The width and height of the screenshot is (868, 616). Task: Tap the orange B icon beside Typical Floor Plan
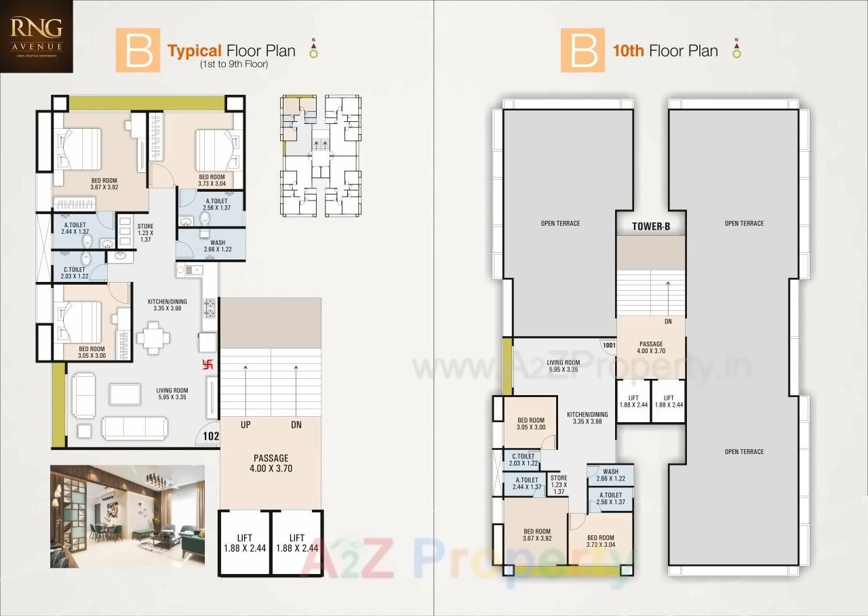coord(138,50)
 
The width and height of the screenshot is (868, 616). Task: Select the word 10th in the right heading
coord(628,51)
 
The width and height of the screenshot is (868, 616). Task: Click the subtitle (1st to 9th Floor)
coord(234,65)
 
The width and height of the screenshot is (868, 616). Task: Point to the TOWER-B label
coord(650,227)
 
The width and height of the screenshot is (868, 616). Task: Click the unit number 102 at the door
coord(210,437)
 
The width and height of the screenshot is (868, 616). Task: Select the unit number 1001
coord(608,345)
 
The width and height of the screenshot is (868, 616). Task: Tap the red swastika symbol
coord(208,365)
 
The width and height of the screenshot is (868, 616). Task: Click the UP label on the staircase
coord(245,425)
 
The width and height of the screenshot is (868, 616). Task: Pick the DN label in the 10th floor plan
coord(668,322)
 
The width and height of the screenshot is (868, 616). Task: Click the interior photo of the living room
coord(127,516)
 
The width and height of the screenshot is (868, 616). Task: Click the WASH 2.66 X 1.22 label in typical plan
coord(218,245)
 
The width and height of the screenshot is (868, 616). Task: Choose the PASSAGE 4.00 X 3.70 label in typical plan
coord(271,463)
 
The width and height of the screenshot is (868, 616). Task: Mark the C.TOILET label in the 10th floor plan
coord(524,459)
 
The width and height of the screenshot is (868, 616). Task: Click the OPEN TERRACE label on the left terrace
coord(560,224)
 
